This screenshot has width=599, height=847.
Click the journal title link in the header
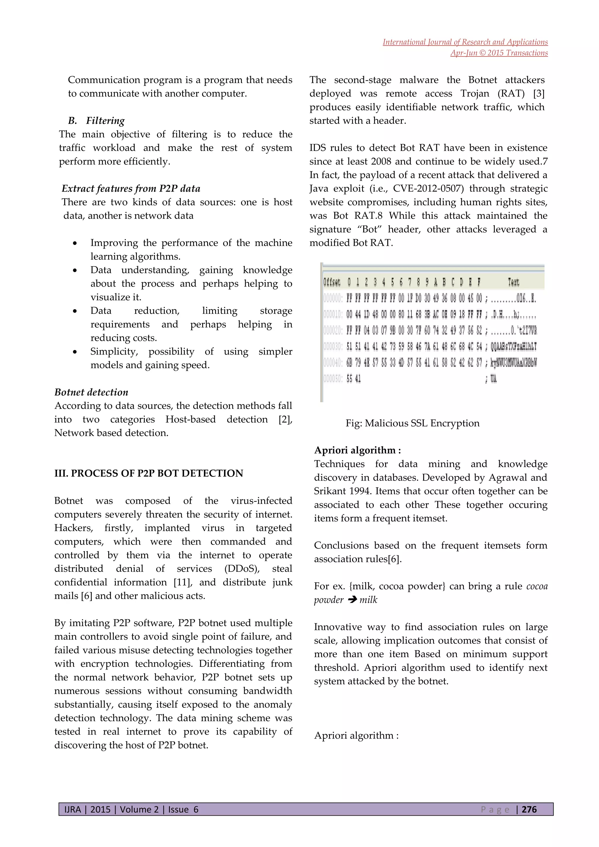click(x=465, y=42)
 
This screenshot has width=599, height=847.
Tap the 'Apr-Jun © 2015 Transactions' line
click(x=499, y=53)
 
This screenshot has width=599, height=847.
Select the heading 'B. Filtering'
click(x=97, y=120)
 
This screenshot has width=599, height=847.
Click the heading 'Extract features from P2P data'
click(x=131, y=189)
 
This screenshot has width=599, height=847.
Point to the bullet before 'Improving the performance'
click(x=75, y=243)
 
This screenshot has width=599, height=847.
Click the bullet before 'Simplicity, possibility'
click(x=75, y=352)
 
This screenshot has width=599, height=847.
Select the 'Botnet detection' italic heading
click(x=92, y=392)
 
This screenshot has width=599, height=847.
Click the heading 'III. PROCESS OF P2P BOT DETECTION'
click(x=149, y=473)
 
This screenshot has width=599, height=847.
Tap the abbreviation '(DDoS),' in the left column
click(x=242, y=569)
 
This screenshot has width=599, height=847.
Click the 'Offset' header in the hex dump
click(x=332, y=282)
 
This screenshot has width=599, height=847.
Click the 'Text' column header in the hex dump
click(x=513, y=282)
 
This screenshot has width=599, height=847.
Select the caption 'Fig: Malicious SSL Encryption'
click(x=412, y=423)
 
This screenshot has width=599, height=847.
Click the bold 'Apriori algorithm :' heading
click(x=357, y=450)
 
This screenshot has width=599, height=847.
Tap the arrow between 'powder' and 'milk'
click(x=352, y=600)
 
